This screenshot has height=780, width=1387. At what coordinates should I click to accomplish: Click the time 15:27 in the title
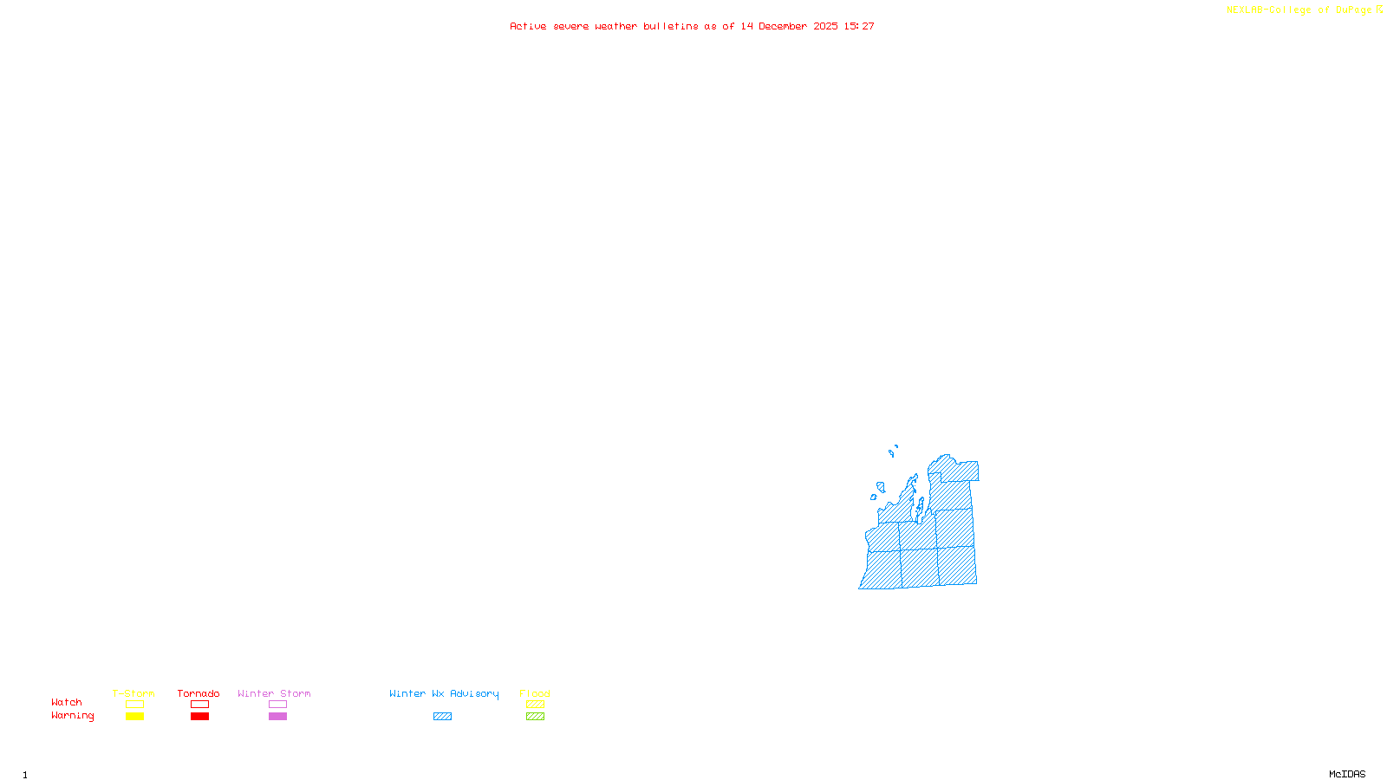pyautogui.click(x=859, y=27)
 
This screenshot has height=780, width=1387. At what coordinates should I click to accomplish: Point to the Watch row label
pyautogui.click(x=67, y=703)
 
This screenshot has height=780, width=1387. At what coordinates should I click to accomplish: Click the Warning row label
pyautogui.click(x=73, y=716)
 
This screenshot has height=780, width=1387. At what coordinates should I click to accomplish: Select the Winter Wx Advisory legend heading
pyautogui.click(x=444, y=693)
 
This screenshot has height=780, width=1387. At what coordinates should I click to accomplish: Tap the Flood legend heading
pyautogui.click(x=535, y=693)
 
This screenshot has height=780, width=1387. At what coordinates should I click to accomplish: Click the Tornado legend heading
pyautogui.click(x=199, y=693)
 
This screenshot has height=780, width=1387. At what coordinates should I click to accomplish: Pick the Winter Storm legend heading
pyautogui.click(x=274, y=693)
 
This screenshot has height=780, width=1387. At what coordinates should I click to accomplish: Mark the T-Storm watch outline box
pyautogui.click(x=134, y=705)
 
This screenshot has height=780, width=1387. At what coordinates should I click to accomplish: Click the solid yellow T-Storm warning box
pyautogui.click(x=134, y=717)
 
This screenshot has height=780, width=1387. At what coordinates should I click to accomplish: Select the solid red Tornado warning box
pyautogui.click(x=200, y=717)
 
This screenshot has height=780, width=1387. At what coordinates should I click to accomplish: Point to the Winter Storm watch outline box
pyautogui.click(x=277, y=705)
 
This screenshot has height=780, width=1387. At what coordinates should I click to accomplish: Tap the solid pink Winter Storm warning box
pyautogui.click(x=277, y=717)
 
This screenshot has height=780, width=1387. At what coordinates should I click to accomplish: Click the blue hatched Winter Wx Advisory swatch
pyautogui.click(x=442, y=717)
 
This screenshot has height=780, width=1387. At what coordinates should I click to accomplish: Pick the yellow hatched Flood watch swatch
pyautogui.click(x=535, y=705)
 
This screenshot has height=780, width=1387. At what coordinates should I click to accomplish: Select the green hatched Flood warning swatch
pyautogui.click(x=535, y=717)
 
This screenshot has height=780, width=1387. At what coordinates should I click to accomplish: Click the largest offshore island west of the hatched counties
pyautogui.click(x=881, y=487)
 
